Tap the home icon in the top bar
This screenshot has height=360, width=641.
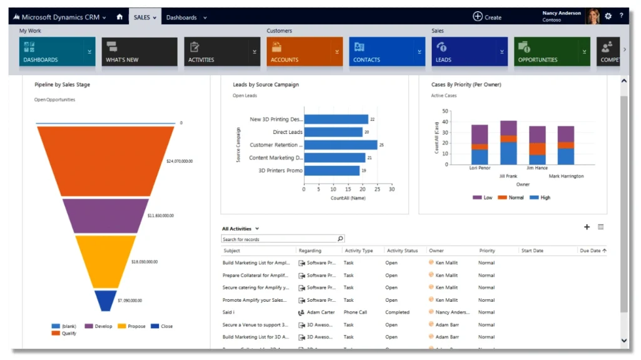pyautogui.click(x=120, y=17)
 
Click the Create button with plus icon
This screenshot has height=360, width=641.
pyautogui.click(x=487, y=17)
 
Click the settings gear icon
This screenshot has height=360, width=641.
pyautogui.click(x=608, y=16)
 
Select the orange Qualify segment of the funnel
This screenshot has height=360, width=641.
pyautogui.click(x=105, y=160)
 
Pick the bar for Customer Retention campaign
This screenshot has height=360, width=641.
pyautogui.click(x=340, y=145)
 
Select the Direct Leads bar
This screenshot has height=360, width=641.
pyautogui.click(x=333, y=132)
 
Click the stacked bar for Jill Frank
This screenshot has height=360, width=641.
pyautogui.click(x=508, y=143)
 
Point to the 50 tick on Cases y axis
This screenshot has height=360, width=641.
pyautogui.click(x=445, y=111)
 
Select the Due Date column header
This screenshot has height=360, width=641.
pyautogui.click(x=590, y=250)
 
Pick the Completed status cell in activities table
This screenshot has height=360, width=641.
pyautogui.click(x=397, y=312)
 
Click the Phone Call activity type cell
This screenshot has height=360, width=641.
pyautogui.click(x=355, y=312)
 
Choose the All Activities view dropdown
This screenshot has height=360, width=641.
pyautogui.click(x=240, y=229)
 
